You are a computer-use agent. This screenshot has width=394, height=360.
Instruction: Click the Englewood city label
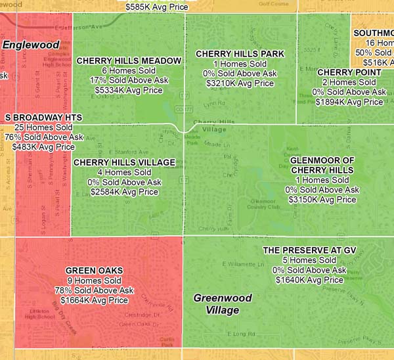26,45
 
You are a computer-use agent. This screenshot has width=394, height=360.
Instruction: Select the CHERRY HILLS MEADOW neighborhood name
129,60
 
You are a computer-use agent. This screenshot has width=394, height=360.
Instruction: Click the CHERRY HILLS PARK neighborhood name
240,54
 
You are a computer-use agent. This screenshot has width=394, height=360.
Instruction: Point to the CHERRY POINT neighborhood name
349,72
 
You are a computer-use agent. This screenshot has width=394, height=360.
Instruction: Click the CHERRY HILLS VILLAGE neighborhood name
125,162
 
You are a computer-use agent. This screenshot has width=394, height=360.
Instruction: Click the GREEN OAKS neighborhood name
95,271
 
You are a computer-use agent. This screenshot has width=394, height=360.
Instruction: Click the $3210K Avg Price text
240,83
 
